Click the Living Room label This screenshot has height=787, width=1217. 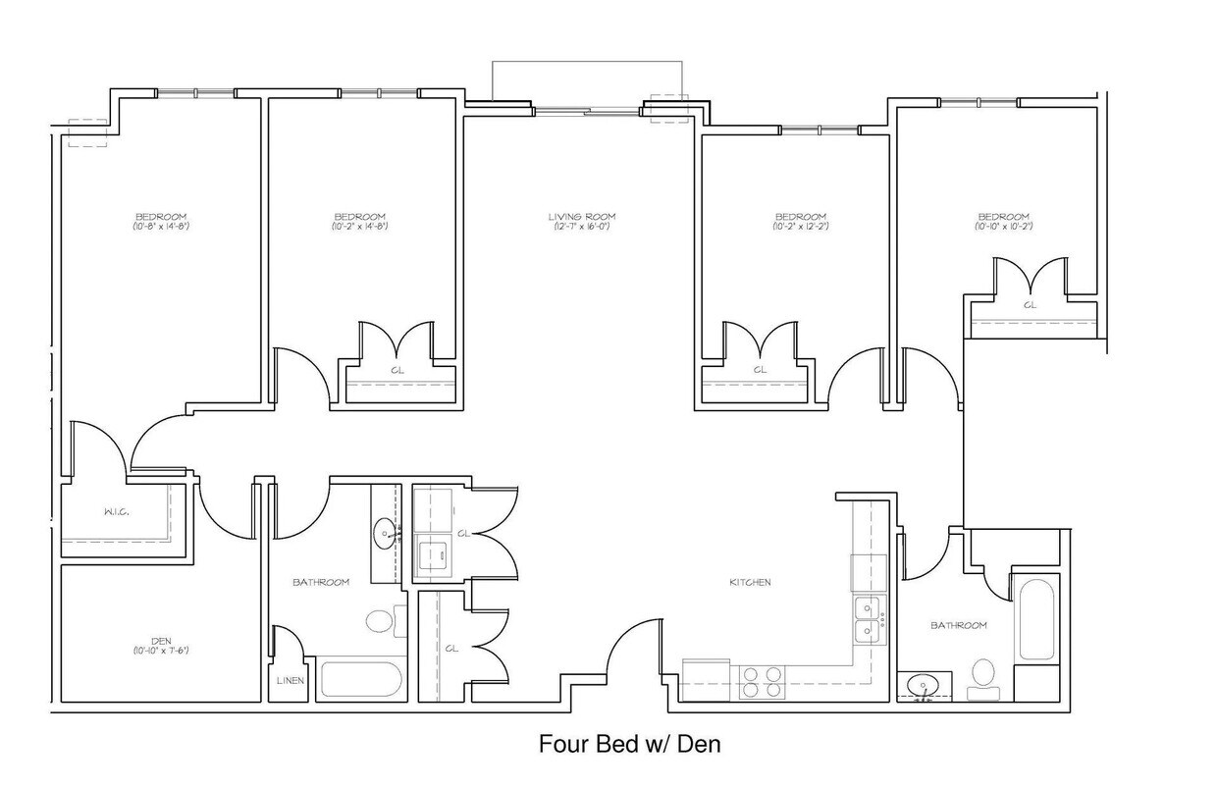coord(582,217)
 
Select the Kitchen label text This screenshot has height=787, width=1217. coord(750,582)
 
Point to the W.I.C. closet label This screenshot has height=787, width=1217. coord(118,512)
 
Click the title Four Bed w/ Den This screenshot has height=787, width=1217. coord(629,745)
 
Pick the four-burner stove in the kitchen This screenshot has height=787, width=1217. coord(762,681)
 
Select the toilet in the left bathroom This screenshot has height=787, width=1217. coord(379,620)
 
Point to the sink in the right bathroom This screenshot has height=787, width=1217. coord(923,685)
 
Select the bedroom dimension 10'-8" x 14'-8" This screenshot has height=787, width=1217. coord(161,227)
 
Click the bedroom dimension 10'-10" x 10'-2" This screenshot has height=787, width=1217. coord(1003,227)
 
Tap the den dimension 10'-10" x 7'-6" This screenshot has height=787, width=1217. coord(161,651)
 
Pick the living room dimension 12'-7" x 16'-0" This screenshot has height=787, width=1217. coord(582,227)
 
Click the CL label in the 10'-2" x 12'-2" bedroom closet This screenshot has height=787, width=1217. coord(760,370)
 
